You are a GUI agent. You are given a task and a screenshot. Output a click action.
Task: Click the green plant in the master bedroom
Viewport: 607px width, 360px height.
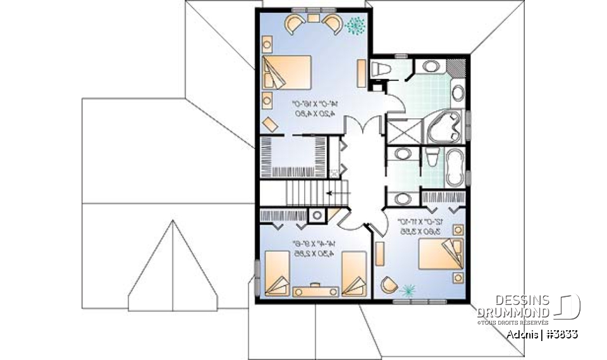[356, 25]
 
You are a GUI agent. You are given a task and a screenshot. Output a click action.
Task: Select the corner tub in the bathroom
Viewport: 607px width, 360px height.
[444, 128]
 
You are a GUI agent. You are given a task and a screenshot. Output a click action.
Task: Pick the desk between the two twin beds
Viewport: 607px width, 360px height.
[314, 291]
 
